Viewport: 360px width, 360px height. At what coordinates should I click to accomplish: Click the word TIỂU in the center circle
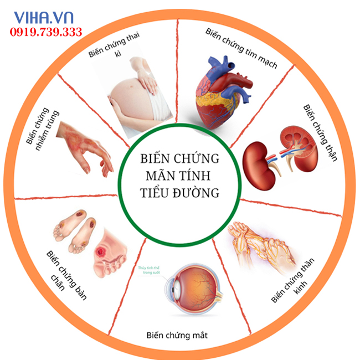156,193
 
